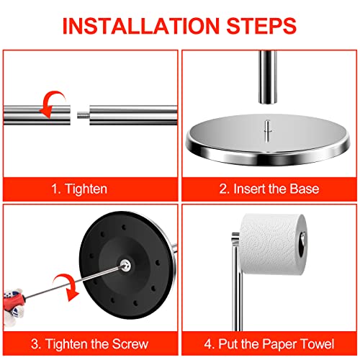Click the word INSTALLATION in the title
click(x=140, y=26)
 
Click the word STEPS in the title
click(x=261, y=26)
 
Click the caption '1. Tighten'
click(x=79, y=189)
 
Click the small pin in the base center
click(x=267, y=130)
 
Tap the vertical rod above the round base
click(x=268, y=77)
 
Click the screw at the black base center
click(x=125, y=266)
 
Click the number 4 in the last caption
click(x=207, y=344)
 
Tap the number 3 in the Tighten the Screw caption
click(x=35, y=344)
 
